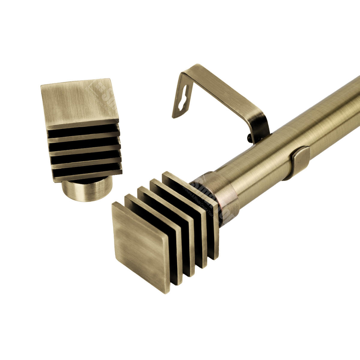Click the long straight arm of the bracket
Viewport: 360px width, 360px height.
[222, 90]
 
